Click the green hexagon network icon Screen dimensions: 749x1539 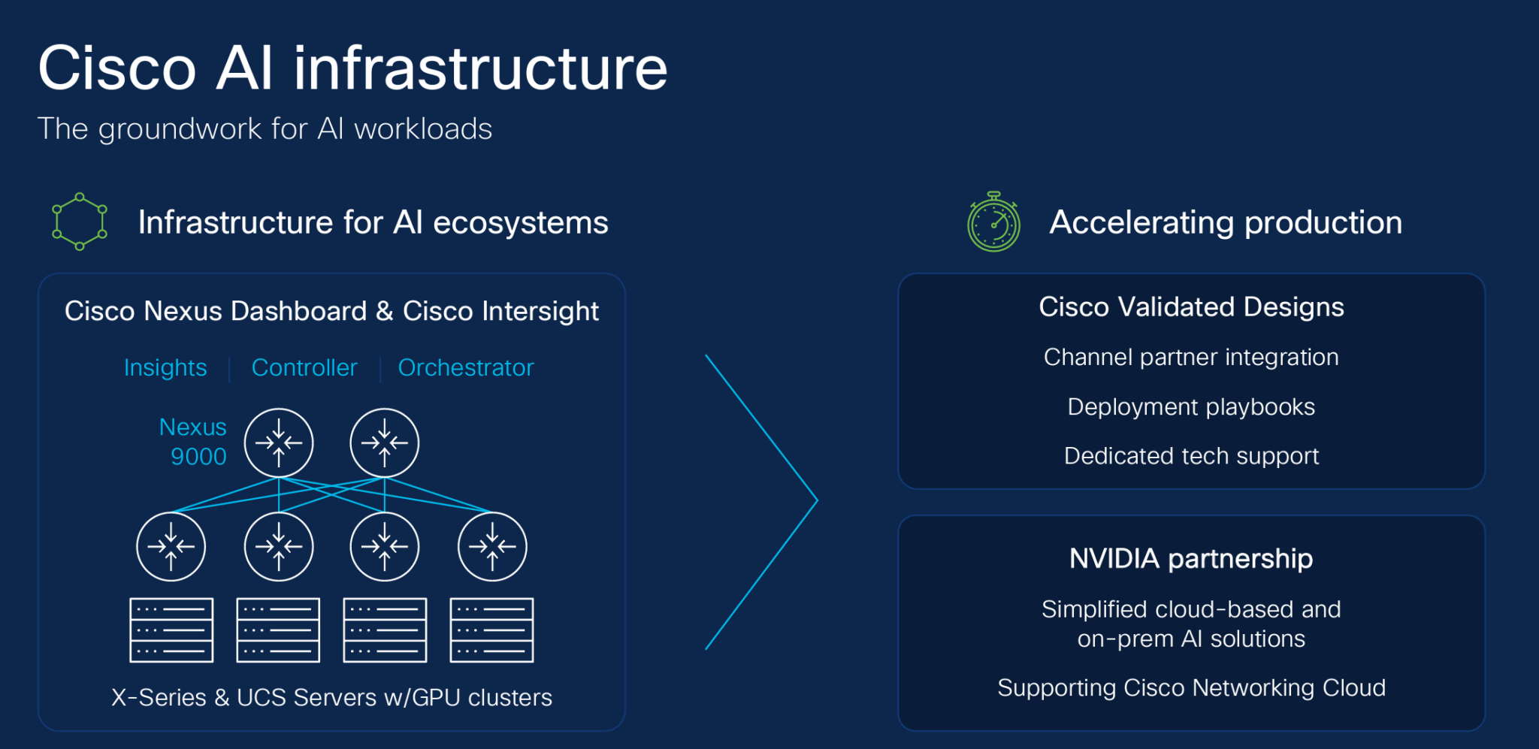(x=79, y=222)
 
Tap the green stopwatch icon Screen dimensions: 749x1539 (x=993, y=223)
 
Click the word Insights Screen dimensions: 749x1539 (x=165, y=368)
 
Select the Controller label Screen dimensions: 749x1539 (x=304, y=368)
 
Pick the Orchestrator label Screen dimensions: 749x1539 (x=465, y=368)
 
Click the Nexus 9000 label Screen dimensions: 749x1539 (x=193, y=442)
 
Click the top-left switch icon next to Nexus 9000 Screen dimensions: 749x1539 (x=279, y=442)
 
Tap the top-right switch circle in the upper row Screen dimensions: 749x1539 (x=385, y=442)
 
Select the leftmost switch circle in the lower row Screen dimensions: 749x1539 (x=171, y=546)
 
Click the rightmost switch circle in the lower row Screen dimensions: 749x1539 (x=492, y=546)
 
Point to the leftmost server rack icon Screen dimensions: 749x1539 (x=171, y=630)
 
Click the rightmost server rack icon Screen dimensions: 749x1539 (x=491, y=630)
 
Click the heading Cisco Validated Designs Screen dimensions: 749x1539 (x=1191, y=307)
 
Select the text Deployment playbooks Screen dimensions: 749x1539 (x=1191, y=407)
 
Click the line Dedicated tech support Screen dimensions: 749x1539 (x=1191, y=456)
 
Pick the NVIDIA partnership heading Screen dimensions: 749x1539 (x=1191, y=559)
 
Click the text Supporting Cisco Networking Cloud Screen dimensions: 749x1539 (x=1191, y=688)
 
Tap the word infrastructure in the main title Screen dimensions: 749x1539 (x=480, y=69)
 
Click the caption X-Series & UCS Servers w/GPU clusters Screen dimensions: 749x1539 (x=331, y=698)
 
